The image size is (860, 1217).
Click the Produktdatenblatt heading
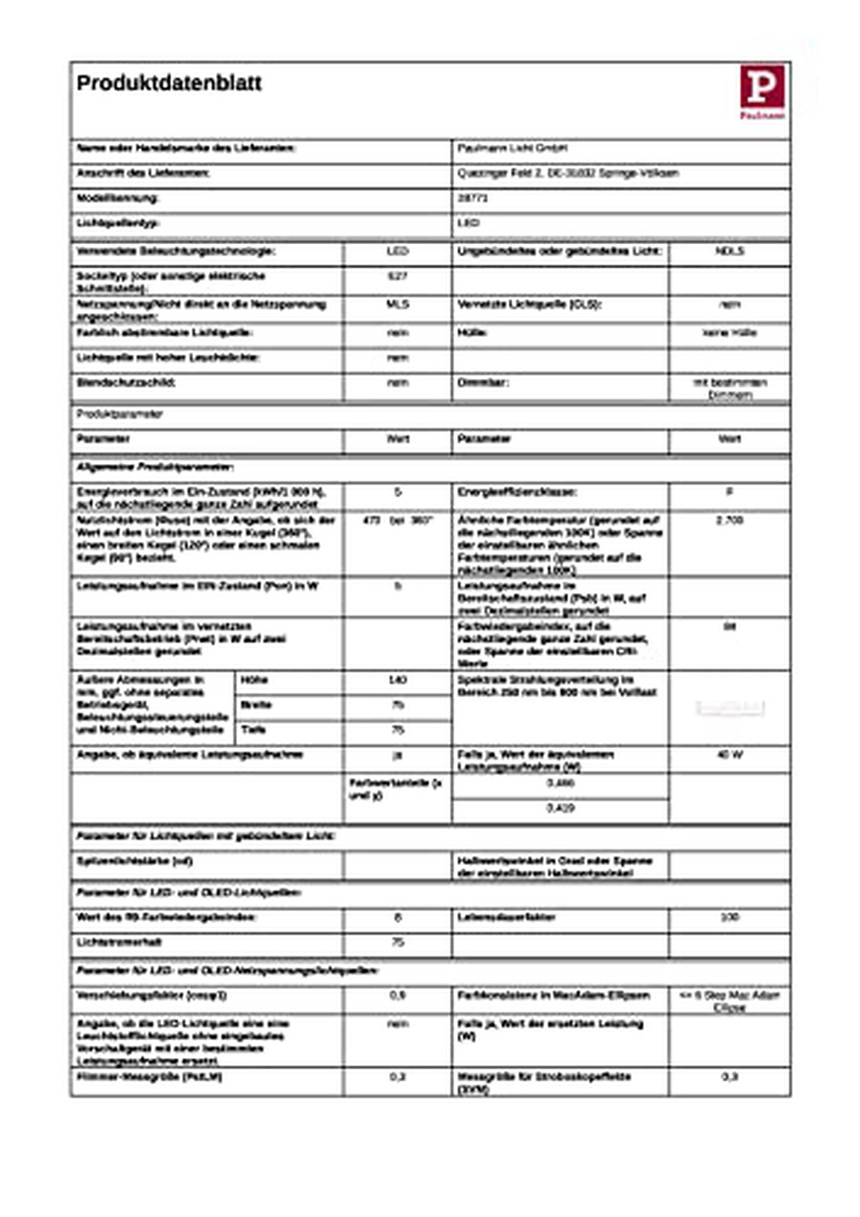tap(169, 83)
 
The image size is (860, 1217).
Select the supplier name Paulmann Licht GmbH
tap(512, 148)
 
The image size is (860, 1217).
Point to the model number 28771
tap(473, 198)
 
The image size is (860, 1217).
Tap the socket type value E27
tap(397, 276)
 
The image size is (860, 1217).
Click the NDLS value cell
tap(730, 251)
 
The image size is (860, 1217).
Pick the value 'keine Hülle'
tap(730, 332)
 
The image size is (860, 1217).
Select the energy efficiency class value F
tap(730, 492)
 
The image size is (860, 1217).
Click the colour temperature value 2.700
tap(730, 520)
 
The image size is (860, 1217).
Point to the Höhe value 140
tap(397, 679)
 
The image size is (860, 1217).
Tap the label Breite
tap(256, 705)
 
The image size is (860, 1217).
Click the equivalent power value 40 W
tap(730, 754)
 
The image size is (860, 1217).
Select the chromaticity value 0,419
tap(560, 808)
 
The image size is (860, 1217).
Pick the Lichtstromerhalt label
tap(119, 942)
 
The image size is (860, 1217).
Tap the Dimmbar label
tap(483, 383)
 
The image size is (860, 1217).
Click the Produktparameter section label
tap(120, 414)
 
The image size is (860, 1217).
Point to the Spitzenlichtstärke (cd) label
tap(135, 861)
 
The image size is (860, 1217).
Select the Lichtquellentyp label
tap(118, 223)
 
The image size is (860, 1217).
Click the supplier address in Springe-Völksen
tap(568, 173)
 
